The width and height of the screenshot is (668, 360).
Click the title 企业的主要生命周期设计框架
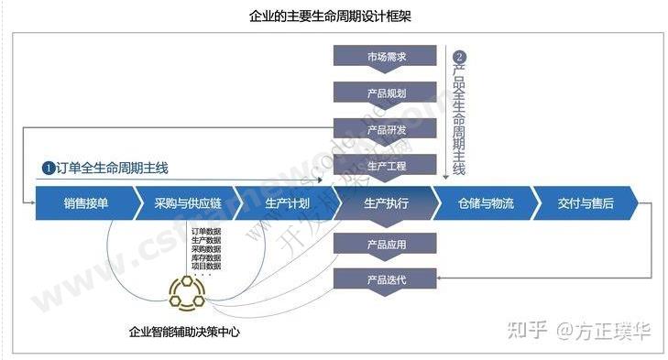[334, 16]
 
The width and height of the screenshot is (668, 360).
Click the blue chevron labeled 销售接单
[85, 202]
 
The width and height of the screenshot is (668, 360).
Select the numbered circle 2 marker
[461, 55]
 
